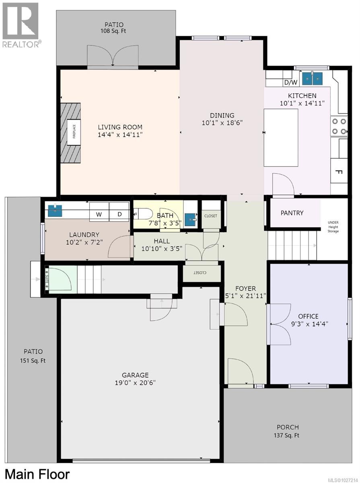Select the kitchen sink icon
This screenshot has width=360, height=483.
point(313,78)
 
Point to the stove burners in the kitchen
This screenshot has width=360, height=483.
point(338,126)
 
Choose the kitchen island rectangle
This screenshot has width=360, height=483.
point(281,137)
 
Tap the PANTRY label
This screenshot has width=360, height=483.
point(292,213)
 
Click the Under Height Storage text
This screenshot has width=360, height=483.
point(333,227)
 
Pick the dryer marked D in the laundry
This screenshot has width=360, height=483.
point(119,215)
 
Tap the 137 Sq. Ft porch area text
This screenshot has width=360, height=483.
point(287,435)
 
